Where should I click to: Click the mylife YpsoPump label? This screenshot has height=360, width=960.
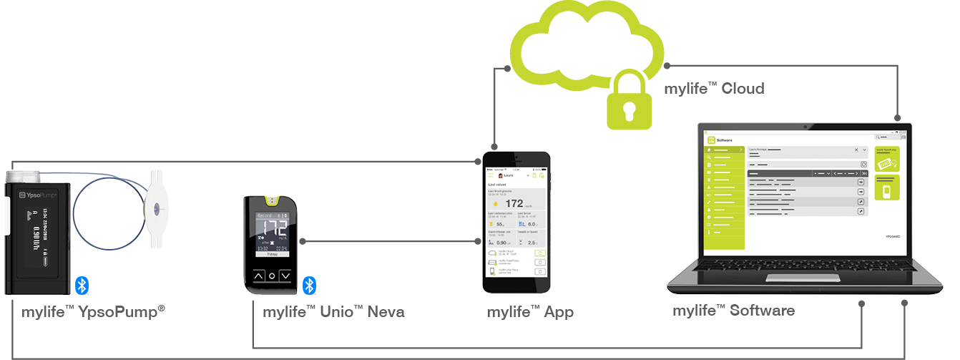(x=94, y=311)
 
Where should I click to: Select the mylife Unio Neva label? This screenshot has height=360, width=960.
(x=333, y=311)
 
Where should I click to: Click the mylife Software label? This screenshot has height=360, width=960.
(x=733, y=311)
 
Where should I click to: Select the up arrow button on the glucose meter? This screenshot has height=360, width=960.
(x=259, y=276)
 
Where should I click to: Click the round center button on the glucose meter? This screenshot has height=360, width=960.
(x=272, y=276)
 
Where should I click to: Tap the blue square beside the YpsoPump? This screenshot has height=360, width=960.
(x=82, y=285)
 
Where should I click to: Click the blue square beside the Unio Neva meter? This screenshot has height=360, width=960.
(x=309, y=286)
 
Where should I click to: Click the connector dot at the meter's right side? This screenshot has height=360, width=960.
(x=303, y=241)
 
